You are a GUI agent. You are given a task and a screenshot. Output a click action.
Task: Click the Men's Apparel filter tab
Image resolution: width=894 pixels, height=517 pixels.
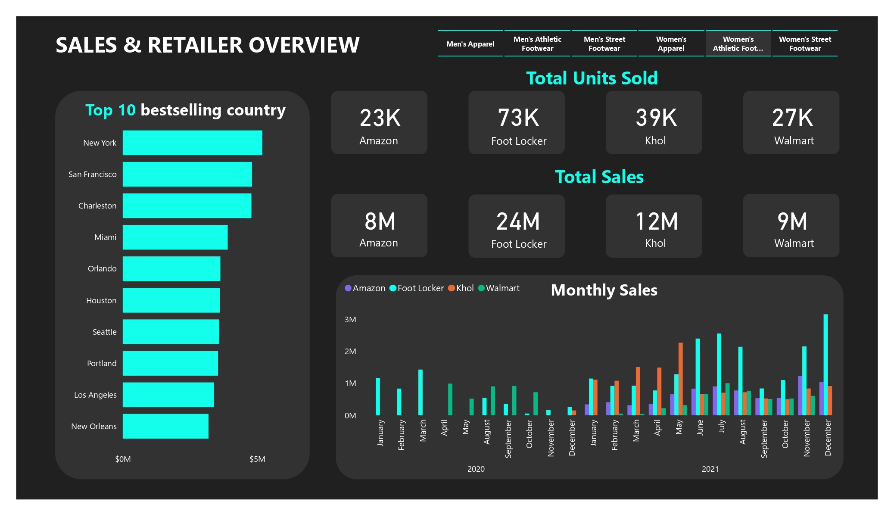470,44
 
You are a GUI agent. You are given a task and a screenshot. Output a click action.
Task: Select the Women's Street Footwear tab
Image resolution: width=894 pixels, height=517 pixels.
804,44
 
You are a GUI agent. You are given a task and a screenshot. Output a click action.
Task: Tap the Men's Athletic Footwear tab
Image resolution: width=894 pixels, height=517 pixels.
537,44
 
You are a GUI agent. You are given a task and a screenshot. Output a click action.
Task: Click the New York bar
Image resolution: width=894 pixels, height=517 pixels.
192,143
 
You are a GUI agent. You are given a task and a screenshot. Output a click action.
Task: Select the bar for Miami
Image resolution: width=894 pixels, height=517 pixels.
175,237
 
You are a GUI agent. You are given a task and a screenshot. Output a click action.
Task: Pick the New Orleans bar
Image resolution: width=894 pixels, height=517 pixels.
165,426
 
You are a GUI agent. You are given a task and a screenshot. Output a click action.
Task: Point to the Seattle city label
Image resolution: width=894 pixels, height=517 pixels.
104,332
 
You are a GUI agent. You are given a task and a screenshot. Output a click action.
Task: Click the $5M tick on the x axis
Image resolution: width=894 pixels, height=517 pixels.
257,459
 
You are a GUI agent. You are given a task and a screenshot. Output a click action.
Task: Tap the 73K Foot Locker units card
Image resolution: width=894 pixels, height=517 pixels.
516,122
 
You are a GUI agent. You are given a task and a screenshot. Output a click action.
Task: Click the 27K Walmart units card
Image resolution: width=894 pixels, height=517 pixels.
791,122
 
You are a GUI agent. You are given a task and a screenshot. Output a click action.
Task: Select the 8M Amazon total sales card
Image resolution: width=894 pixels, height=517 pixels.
379,225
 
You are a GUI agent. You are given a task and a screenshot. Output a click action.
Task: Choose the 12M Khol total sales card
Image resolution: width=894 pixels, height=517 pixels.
654,226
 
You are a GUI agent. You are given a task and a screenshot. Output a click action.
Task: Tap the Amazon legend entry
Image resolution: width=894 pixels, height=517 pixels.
365,288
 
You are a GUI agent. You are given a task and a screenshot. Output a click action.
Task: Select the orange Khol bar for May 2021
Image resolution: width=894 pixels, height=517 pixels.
681,379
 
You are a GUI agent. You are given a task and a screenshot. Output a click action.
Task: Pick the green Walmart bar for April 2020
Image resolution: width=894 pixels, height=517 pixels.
450,399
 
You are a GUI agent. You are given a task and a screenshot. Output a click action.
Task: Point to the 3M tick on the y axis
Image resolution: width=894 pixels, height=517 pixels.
350,320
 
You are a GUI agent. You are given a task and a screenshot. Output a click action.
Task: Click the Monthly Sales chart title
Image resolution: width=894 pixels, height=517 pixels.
604,290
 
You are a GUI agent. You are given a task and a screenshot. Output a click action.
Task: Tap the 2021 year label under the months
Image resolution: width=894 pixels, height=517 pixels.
710,469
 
